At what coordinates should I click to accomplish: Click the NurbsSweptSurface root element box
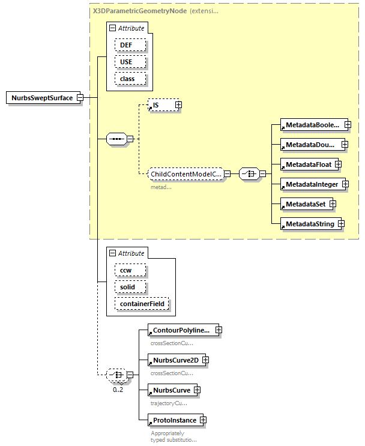coord(43,98)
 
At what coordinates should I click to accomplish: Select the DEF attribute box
coord(125,45)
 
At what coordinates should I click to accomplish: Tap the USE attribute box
coord(125,62)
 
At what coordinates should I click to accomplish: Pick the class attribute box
coord(127,79)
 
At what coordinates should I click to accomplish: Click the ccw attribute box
coord(126,270)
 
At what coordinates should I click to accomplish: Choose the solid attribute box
coord(127,287)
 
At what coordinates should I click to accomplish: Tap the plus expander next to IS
coord(178,105)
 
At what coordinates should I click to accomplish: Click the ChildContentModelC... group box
coord(186,174)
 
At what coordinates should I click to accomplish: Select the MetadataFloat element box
coord(308,164)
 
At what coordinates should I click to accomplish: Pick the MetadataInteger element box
coord(312,184)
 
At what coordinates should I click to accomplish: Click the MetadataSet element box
coord(305,204)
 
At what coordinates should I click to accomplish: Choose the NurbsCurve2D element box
coord(175,360)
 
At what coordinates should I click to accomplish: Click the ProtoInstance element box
coord(173,420)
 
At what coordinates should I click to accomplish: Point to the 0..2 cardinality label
coord(118,390)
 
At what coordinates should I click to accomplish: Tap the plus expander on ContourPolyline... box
coord(219,330)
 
